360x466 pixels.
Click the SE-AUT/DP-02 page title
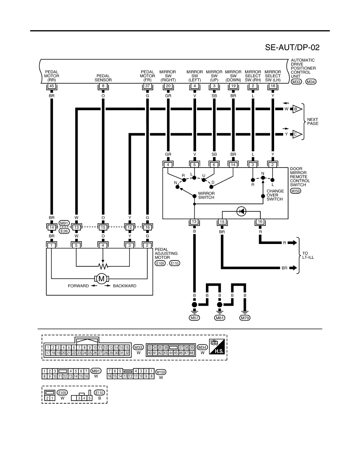292,47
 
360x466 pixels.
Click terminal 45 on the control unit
52,86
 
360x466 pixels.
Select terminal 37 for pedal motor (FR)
147,86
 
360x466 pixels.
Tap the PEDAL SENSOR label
103,78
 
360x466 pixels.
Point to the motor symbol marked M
102,279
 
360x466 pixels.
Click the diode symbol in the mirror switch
241,211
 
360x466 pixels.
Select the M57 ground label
194,318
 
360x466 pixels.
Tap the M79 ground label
245,318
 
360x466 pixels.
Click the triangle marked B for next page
297,109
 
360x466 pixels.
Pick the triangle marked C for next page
297,134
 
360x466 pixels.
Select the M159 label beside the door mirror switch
296,191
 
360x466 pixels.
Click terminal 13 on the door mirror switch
194,222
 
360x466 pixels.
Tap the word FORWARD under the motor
78,286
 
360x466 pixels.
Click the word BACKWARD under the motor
125,286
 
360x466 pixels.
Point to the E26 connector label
64,231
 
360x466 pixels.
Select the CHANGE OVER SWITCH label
275,195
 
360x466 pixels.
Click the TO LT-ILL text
308,255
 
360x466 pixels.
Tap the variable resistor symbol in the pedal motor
103,266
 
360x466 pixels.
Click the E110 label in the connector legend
100,393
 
